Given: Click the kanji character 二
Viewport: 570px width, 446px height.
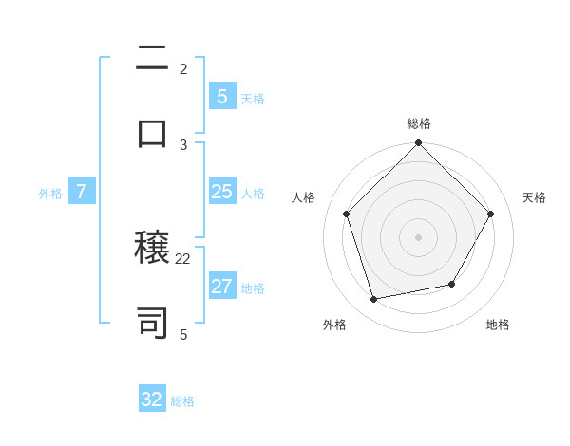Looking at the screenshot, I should (x=153, y=60).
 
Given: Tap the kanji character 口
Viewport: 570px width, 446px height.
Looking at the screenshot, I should (x=153, y=134).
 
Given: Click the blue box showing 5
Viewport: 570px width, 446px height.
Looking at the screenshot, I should (x=221, y=96).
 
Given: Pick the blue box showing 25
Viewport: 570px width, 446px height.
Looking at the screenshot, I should (x=221, y=192).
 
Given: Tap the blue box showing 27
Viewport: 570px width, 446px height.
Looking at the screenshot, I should (x=221, y=287).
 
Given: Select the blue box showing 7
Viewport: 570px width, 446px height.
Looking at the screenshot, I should (x=82, y=192).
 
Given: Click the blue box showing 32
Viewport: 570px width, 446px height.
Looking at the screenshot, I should (x=152, y=400).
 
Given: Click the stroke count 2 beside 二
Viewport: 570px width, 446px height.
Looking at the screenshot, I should (x=183, y=69).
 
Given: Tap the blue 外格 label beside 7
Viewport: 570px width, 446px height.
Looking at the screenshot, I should (x=50, y=193).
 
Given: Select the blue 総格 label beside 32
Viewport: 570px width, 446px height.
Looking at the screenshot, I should (x=182, y=401).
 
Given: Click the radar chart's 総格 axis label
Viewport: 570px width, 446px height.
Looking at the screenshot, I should (x=418, y=123).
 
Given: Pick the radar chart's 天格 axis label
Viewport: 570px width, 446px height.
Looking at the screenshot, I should (x=534, y=197).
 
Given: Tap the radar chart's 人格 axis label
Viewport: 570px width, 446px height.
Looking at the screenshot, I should (x=304, y=197).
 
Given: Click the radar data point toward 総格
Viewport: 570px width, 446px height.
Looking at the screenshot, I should (x=418, y=145).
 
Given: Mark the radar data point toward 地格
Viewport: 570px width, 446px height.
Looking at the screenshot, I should (x=452, y=284).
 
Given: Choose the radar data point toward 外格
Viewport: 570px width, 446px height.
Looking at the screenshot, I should (x=374, y=300).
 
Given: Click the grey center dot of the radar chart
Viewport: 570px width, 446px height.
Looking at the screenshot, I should (x=418, y=237).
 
